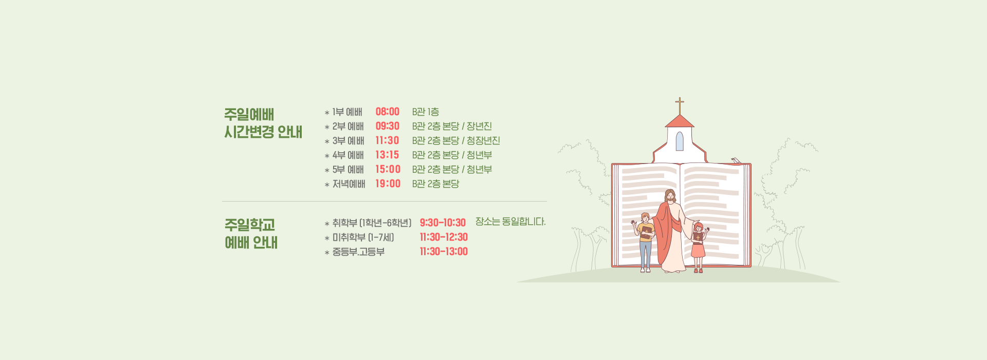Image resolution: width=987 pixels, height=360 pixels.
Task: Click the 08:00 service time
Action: pyautogui.click(x=387, y=112)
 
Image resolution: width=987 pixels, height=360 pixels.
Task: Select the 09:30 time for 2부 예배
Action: pyautogui.click(x=387, y=126)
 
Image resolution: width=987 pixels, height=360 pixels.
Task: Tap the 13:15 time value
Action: pyautogui.click(x=387, y=155)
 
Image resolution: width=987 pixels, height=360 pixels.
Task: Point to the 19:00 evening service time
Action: pyautogui.click(x=388, y=184)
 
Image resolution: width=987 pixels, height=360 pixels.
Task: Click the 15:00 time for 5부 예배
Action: pyautogui.click(x=388, y=169)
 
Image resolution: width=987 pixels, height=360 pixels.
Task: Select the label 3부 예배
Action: pyautogui.click(x=348, y=140)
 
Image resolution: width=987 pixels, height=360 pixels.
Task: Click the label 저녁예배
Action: pyautogui.click(x=349, y=184)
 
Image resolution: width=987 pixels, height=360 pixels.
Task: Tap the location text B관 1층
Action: pyautogui.click(x=425, y=112)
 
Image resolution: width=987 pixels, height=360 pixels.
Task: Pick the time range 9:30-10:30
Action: pyautogui.click(x=443, y=223)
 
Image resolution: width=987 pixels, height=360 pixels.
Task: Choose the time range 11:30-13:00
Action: pyautogui.click(x=444, y=251)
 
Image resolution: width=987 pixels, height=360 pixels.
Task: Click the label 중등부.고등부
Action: pyautogui.click(x=358, y=251)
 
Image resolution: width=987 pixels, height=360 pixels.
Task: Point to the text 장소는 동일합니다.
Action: pyautogui.click(x=510, y=222)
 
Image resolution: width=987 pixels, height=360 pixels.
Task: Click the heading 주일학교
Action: pyautogui.click(x=250, y=225)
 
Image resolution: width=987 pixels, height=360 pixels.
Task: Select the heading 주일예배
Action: pyautogui.click(x=249, y=114)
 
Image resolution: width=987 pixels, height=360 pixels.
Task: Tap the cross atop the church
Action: pyautogui.click(x=680, y=106)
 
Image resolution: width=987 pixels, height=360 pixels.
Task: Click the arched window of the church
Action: pyautogui.click(x=680, y=141)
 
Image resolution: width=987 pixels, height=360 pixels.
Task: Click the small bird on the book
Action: pyautogui.click(x=736, y=160)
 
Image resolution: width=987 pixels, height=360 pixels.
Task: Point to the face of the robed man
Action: pyautogui.click(x=670, y=196)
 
